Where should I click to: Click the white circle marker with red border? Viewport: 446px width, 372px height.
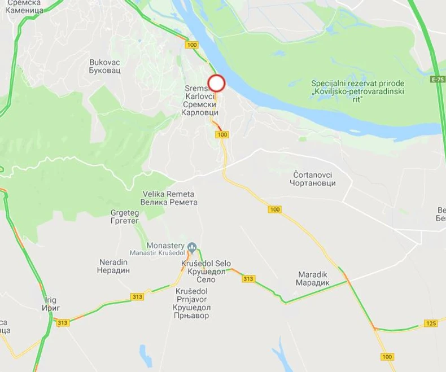217,84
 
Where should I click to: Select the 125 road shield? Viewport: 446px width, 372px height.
431,322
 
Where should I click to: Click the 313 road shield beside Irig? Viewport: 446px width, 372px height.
62,321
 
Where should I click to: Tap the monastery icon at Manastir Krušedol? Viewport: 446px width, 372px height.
192,246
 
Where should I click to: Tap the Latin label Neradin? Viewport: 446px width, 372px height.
115,262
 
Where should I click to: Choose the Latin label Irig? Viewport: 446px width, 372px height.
51,299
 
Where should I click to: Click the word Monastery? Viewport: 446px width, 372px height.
165,246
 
